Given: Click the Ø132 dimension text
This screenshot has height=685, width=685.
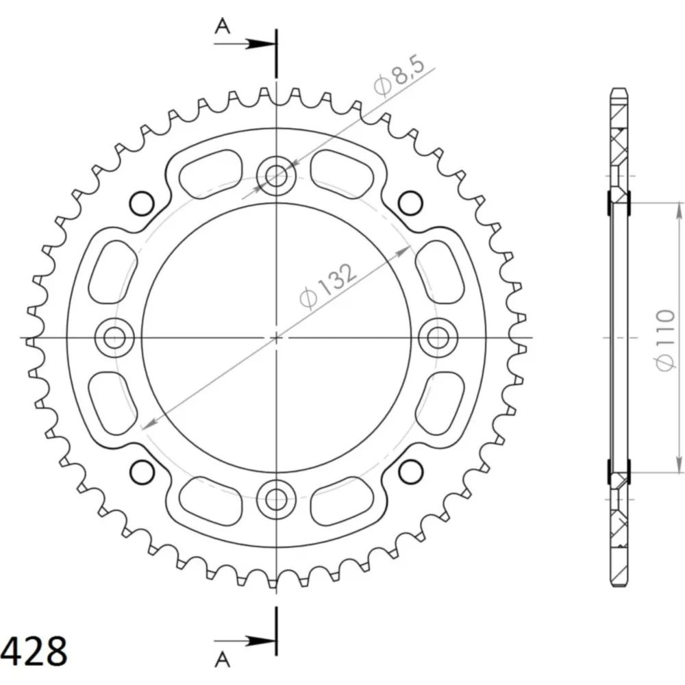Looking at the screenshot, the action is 327,286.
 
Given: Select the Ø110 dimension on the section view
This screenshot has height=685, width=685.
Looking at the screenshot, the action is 664,340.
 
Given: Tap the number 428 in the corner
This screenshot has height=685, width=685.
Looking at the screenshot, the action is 34,651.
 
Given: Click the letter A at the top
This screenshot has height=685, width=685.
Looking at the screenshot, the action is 223,27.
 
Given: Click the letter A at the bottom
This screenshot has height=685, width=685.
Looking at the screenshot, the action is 223,660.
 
